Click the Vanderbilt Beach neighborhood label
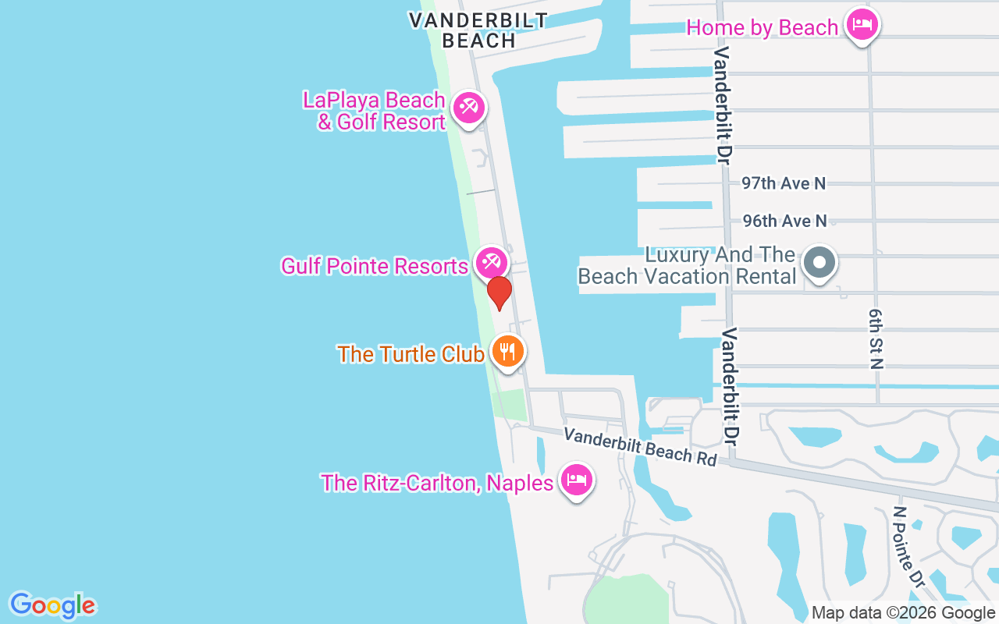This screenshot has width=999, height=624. (478, 30)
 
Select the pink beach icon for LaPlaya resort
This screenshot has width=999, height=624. (468, 108)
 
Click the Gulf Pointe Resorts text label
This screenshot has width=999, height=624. (375, 266)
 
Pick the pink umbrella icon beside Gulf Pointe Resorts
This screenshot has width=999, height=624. (492, 262)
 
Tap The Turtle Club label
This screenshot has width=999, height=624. (411, 353)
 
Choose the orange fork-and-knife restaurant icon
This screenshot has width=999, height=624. (507, 352)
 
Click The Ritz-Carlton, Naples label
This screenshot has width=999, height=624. (437, 483)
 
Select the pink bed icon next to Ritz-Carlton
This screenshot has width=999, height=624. (577, 480)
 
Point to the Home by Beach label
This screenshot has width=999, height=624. (762, 28)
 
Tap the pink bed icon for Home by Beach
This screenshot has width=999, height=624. (862, 25)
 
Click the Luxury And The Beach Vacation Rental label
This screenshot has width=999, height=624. (687, 265)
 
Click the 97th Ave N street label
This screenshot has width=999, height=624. (784, 183)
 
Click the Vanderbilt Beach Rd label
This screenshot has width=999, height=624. (640, 446)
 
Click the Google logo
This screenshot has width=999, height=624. (53, 605)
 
